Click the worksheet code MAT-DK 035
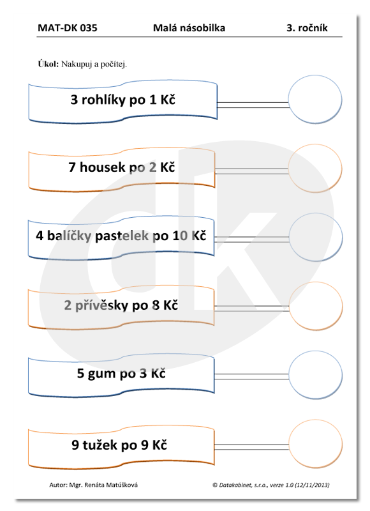(x=68, y=28)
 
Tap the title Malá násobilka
(x=189, y=28)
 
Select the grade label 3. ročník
(x=307, y=28)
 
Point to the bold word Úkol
(x=48, y=63)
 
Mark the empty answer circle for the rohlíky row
(x=315, y=100)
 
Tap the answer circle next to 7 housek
(x=315, y=168)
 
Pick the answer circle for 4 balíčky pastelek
(x=316, y=237)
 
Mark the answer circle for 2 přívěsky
(x=316, y=306)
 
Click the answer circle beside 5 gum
(x=315, y=375)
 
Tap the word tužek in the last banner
(x=99, y=445)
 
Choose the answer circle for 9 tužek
(x=315, y=444)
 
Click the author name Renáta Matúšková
(x=110, y=485)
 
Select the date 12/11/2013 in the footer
(x=311, y=485)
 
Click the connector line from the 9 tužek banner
(x=251, y=446)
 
